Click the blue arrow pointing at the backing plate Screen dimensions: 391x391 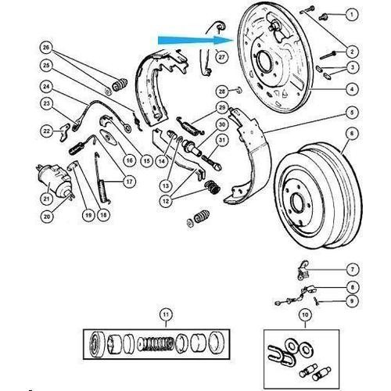195,40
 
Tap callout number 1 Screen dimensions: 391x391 352,14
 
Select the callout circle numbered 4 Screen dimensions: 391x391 352,89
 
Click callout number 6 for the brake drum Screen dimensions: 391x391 352,134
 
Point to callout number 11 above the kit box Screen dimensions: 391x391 166,314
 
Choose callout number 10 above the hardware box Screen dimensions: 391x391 305,315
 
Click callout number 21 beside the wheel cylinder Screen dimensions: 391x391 46,199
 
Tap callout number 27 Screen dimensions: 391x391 221,56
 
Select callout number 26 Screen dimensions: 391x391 46,48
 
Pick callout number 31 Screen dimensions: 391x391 222,140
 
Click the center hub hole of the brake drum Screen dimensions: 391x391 296,202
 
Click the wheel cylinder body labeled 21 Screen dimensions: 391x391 55,180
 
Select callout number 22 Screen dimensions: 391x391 46,131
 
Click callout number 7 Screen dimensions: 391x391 353,269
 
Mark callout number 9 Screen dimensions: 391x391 352,301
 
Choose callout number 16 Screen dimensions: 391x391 130,160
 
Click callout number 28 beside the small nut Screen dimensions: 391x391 222,91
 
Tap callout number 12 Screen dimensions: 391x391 166,201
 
